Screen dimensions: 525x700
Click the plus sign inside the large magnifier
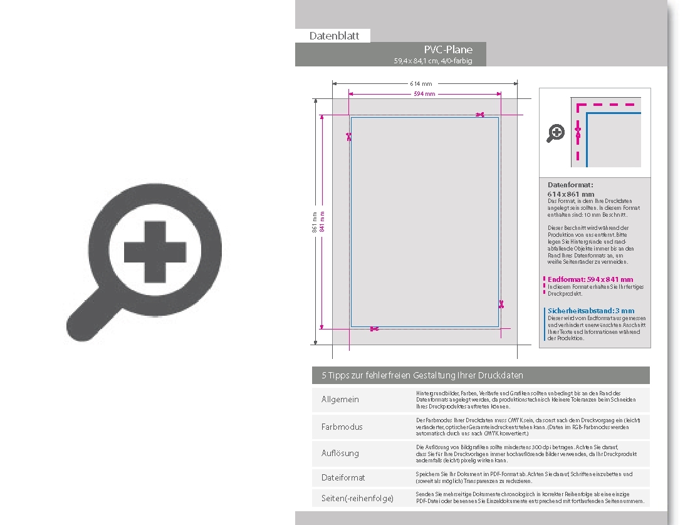(155, 252)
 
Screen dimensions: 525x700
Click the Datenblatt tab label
(334, 36)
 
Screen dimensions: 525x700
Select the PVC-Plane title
(448, 49)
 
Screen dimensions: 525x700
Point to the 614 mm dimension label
(421, 83)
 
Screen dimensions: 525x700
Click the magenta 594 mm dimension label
(424, 94)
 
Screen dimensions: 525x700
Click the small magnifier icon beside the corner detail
(556, 133)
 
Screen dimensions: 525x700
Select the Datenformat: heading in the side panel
(570, 185)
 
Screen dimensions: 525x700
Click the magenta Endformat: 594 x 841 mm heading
(590, 279)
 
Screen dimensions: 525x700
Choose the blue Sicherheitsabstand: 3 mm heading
(590, 311)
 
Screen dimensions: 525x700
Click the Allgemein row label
(340, 400)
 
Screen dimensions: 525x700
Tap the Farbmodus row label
(342, 427)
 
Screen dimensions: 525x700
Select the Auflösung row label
(340, 453)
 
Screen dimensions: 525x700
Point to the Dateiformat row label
(343, 477)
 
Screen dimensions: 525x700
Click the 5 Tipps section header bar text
(422, 375)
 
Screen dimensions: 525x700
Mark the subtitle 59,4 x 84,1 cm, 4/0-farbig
(432, 61)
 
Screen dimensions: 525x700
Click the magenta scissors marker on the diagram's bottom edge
(374, 329)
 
